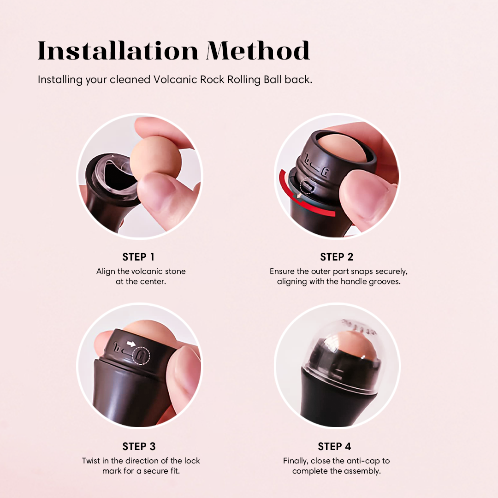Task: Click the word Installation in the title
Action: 118,50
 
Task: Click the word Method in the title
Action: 258,50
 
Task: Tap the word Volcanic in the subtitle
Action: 175,79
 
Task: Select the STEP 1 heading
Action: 138,257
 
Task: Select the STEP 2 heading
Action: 337,257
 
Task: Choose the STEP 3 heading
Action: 139,446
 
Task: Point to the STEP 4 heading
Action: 334,446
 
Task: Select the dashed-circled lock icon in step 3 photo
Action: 141,354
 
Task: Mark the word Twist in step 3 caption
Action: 91,461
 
